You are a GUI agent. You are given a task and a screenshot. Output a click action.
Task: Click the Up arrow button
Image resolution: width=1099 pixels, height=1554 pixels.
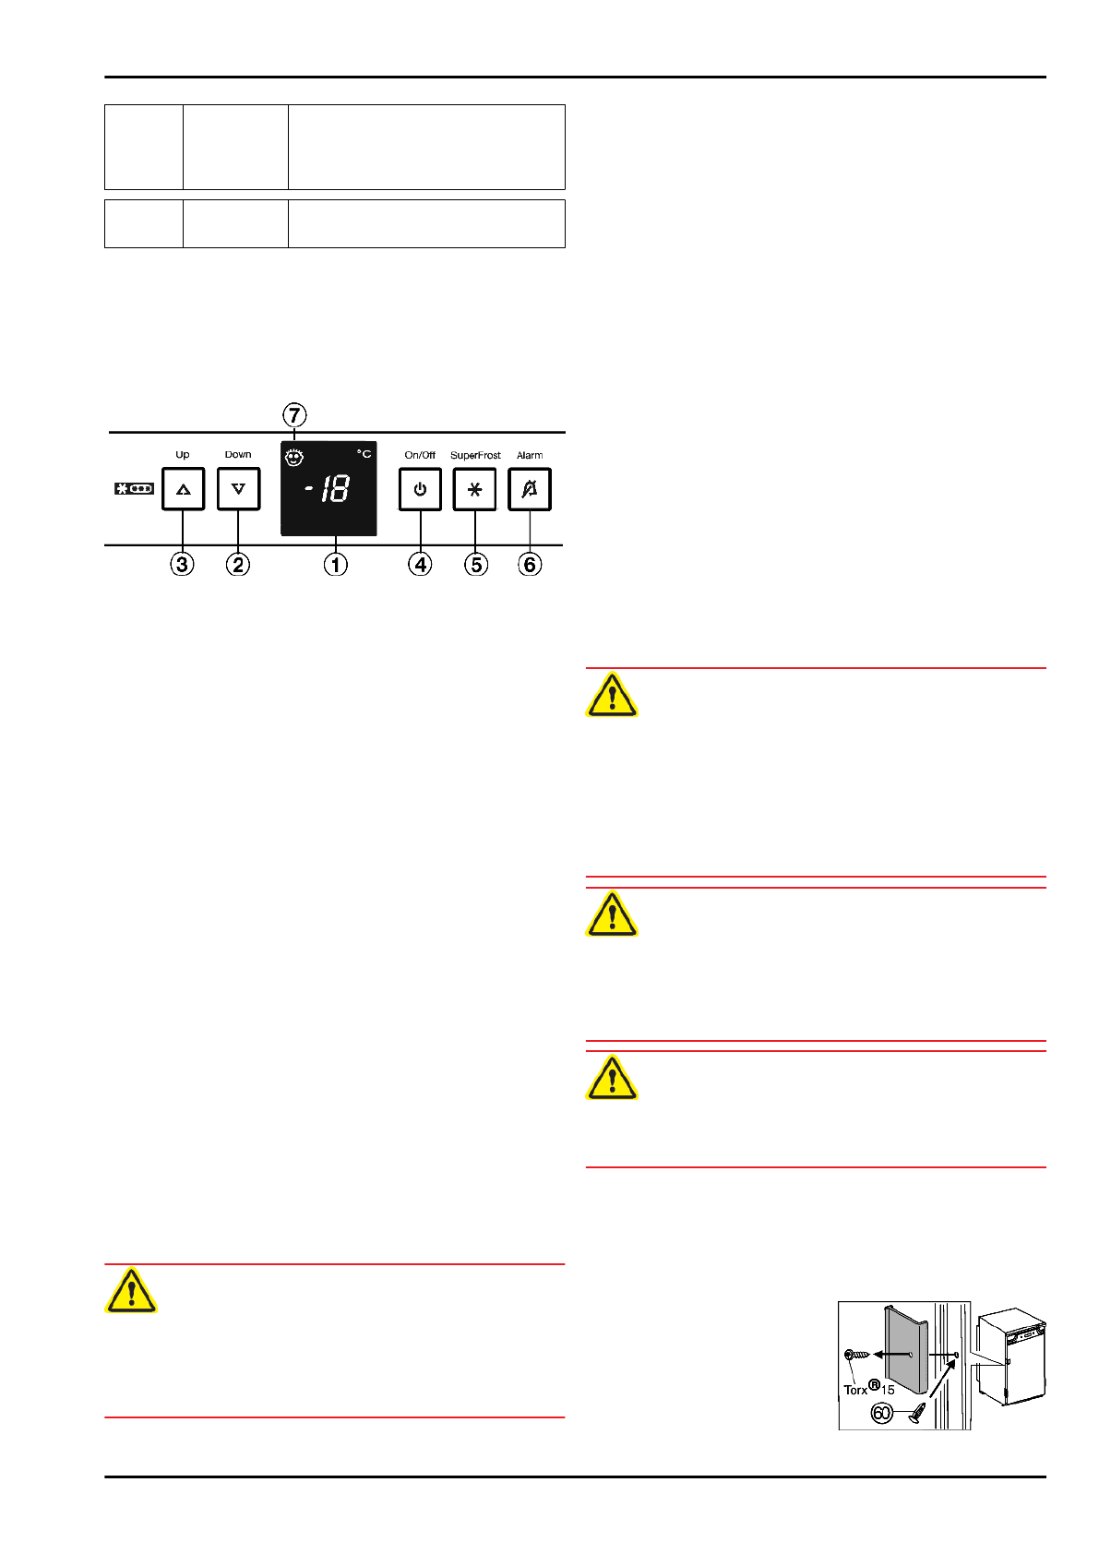point(183,489)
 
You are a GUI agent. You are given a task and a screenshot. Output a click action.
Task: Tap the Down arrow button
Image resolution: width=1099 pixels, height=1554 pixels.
point(238,489)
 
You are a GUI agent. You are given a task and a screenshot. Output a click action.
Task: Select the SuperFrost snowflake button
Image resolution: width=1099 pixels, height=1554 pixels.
point(474,489)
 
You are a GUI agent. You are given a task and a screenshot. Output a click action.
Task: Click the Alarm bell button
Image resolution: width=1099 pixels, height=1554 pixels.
point(530,489)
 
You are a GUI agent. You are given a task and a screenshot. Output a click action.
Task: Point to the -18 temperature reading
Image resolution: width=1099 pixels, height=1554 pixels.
point(329,489)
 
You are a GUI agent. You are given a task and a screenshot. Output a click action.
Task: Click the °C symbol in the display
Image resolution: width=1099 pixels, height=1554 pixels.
point(364,454)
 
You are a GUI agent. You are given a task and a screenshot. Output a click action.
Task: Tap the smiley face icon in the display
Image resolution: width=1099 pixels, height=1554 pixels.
point(294,457)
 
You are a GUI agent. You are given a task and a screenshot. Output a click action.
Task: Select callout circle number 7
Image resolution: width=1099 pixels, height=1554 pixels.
point(294,415)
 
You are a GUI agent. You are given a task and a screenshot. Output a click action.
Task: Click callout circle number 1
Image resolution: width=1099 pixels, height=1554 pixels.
point(335,564)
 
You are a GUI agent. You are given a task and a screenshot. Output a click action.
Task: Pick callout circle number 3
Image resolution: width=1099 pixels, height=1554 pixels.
point(183,564)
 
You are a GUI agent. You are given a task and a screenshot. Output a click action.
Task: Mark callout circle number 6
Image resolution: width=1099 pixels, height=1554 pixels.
point(530,564)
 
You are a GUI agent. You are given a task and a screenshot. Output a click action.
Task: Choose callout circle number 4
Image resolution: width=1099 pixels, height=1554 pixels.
point(420,564)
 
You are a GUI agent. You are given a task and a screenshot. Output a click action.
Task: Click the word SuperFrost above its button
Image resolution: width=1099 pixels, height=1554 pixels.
point(475,455)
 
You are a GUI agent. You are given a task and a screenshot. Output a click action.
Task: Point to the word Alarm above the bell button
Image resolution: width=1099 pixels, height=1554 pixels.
point(530,455)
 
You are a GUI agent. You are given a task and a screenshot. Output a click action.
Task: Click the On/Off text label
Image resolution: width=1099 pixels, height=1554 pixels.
point(420,455)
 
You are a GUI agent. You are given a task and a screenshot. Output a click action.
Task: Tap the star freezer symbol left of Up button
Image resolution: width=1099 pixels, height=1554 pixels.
point(134,488)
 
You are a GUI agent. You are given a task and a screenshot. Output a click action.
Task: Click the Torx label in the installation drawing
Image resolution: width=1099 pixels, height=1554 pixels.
point(855,1389)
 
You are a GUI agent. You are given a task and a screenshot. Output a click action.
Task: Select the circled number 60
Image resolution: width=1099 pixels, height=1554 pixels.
point(882,1413)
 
